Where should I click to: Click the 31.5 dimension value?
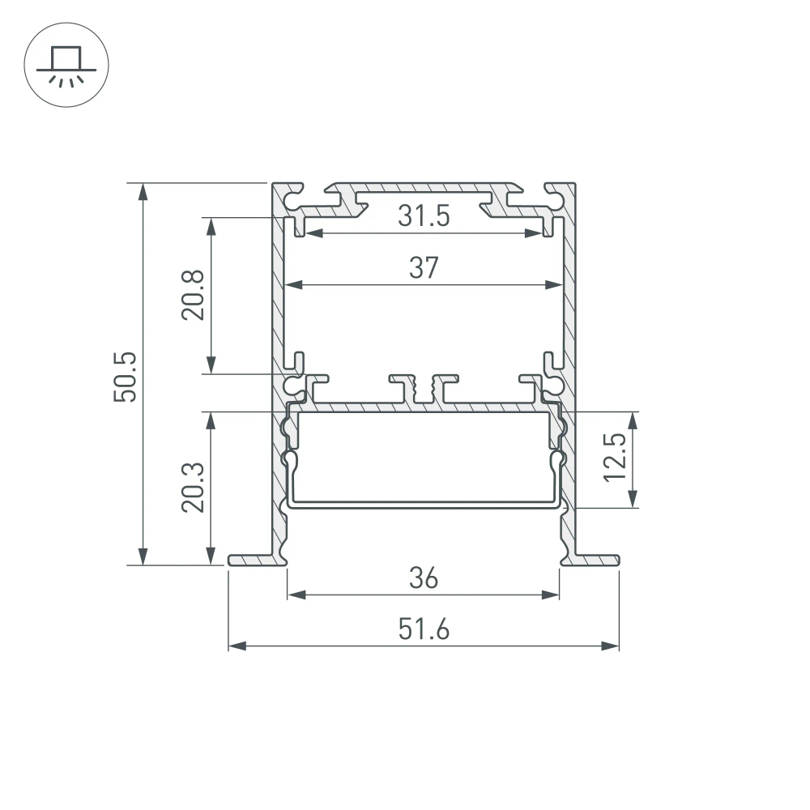point(424,216)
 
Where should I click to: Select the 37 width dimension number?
point(424,267)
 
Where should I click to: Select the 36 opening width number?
point(424,578)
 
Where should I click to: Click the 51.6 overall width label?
point(424,629)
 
